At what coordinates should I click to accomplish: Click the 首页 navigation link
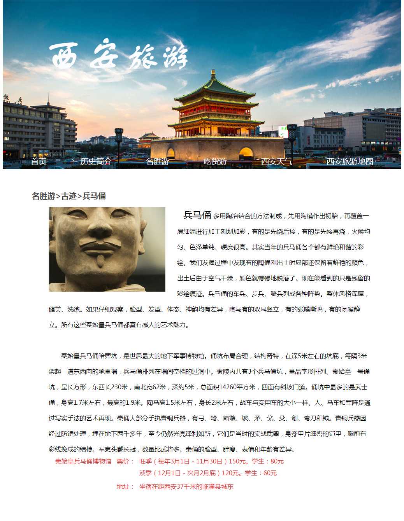[39, 161]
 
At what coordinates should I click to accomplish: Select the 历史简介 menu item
[96, 161]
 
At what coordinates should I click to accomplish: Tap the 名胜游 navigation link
[157, 161]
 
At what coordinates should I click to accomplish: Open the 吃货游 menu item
[215, 161]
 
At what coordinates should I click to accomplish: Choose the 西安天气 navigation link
[276, 161]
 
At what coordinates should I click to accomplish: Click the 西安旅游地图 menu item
[350, 161]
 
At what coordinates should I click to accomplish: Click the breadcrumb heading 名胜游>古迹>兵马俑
[69, 196]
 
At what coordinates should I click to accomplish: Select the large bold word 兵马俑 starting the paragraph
[197, 215]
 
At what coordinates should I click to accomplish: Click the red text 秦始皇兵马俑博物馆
[83, 462]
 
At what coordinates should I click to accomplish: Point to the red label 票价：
[125, 462]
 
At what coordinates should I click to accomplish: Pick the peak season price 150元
[237, 462]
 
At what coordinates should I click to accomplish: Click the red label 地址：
[125, 487]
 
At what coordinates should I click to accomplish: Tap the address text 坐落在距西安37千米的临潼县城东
[186, 487]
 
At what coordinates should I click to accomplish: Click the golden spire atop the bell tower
[213, 73]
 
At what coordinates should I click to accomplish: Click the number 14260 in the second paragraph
[228, 387]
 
